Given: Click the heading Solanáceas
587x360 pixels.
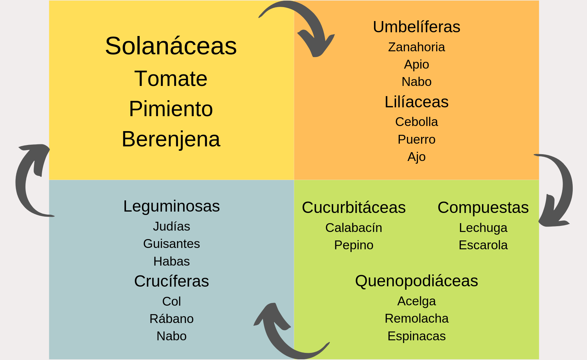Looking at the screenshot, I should (171, 46).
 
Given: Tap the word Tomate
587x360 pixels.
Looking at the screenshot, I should (171, 78).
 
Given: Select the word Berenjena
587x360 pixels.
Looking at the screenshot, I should (171, 139).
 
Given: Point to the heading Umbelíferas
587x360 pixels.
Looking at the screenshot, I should (416, 27).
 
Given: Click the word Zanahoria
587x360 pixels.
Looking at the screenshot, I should (416, 47).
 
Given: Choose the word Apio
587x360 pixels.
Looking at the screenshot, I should (416, 64).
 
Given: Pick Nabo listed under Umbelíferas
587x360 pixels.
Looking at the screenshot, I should (416, 82).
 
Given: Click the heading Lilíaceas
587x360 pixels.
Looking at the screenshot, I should (416, 102).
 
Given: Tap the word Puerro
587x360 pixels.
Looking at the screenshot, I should (416, 139).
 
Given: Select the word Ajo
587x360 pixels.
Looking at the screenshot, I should (416, 157).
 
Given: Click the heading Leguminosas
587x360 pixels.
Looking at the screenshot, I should (172, 206).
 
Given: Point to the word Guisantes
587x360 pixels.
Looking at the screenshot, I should (172, 244).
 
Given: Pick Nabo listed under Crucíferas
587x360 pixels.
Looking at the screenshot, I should (172, 336).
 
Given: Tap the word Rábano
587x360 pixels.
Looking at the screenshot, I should (172, 319).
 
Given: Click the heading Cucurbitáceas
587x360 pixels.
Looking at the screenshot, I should (354, 208).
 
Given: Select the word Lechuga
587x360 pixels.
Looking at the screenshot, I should (483, 228).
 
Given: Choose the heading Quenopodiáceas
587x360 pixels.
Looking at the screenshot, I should (416, 281).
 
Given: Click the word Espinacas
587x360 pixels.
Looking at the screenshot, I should (416, 336).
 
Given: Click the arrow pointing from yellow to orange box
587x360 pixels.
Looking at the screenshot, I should (306, 24).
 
